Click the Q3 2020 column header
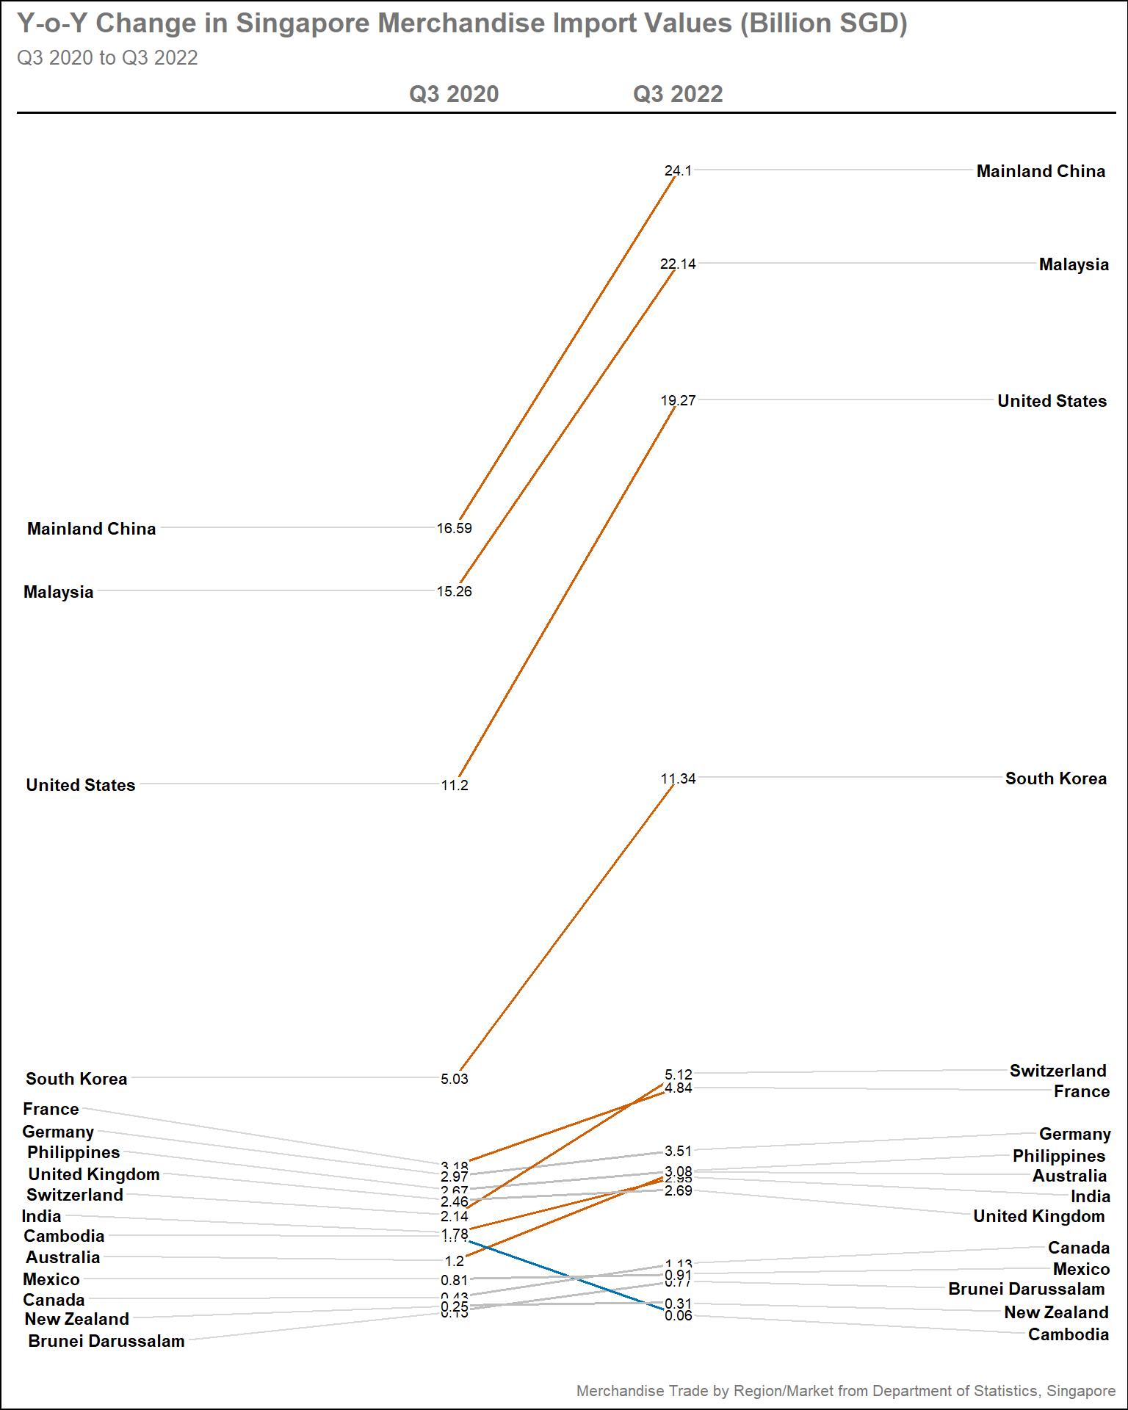(x=454, y=94)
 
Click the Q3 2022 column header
(x=678, y=94)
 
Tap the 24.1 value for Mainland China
(x=678, y=170)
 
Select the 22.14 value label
(x=678, y=264)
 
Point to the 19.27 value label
(x=678, y=400)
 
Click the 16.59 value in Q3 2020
(x=454, y=528)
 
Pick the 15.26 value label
(x=454, y=591)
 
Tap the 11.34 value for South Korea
(x=678, y=778)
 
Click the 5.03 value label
(x=454, y=1079)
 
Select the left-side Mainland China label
(x=91, y=529)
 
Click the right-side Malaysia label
(x=1073, y=264)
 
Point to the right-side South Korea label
(x=1055, y=778)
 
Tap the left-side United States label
(x=81, y=785)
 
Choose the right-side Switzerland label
(x=1057, y=1071)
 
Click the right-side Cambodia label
(x=1068, y=1334)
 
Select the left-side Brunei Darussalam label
(x=106, y=1341)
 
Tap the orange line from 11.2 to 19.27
(x=565, y=591)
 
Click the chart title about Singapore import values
(x=462, y=23)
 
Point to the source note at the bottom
(x=845, y=1390)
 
